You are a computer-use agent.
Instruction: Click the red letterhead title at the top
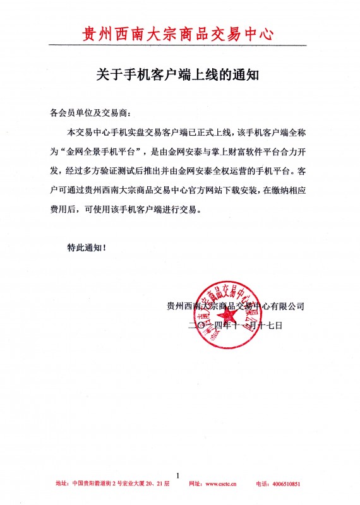click(179, 32)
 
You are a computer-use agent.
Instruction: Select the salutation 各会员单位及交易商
click(88, 114)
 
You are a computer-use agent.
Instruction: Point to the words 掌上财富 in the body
click(224, 152)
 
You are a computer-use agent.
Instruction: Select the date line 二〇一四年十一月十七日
click(234, 326)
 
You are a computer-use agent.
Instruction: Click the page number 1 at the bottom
click(179, 475)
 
